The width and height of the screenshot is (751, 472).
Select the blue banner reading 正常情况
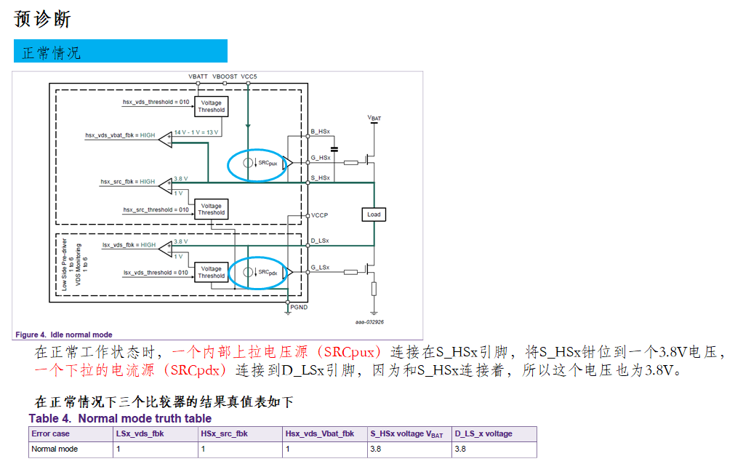120,52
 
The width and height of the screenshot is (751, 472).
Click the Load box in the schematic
374,215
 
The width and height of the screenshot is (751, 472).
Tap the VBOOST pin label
224,76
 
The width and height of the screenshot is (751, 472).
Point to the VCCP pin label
319,215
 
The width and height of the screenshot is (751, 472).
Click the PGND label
300,308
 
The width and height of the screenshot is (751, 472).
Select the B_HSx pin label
321,132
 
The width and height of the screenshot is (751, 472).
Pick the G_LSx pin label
320,268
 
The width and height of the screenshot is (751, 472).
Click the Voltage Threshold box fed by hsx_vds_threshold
211,107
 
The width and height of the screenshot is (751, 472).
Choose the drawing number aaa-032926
369,321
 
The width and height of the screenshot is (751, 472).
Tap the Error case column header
51,433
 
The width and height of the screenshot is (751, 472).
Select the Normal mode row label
55,449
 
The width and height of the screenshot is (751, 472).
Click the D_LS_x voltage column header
483,433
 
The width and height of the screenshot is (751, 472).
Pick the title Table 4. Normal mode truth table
120,418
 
